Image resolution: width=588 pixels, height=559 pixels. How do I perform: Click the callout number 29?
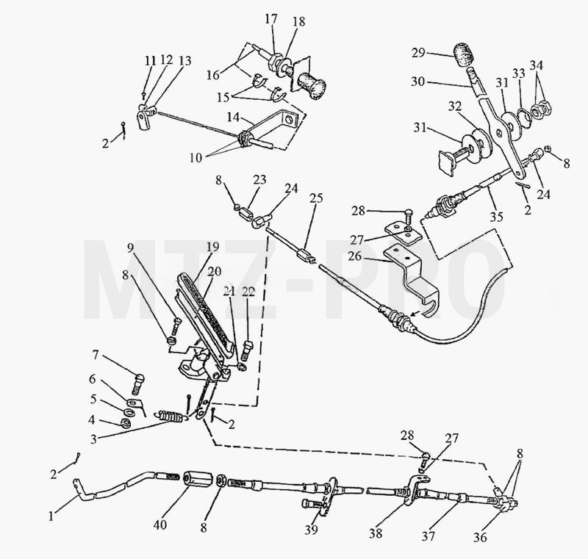point(418,52)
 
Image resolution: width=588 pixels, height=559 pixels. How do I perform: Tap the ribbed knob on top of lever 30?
point(465,55)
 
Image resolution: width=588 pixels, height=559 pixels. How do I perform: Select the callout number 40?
point(160,525)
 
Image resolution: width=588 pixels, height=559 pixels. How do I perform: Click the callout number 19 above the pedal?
point(213,247)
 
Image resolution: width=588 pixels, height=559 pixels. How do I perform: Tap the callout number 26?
point(355,256)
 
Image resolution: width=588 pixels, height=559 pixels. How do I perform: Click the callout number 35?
point(496,216)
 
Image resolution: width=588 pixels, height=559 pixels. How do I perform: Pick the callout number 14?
point(233,118)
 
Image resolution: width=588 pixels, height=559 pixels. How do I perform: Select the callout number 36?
point(480,537)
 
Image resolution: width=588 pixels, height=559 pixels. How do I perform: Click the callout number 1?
point(51,516)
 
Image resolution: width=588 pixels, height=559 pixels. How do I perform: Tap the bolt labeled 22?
point(247,350)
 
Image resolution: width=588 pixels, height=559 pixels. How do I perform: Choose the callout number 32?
point(455,107)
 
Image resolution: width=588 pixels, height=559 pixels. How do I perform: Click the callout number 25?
point(316,198)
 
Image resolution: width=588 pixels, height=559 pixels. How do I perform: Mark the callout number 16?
point(213,75)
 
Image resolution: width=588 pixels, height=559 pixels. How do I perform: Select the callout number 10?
point(196,158)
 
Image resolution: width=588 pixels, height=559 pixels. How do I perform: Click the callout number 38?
point(376,533)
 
